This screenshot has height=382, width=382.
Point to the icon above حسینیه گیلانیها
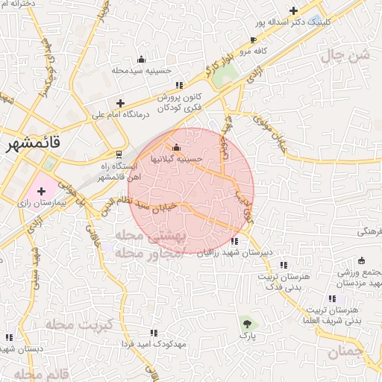pos(176,147)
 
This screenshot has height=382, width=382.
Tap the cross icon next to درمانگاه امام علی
pos(120,103)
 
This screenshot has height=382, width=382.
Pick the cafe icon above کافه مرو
pos(254,40)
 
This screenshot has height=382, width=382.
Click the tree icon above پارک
pos(247,322)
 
